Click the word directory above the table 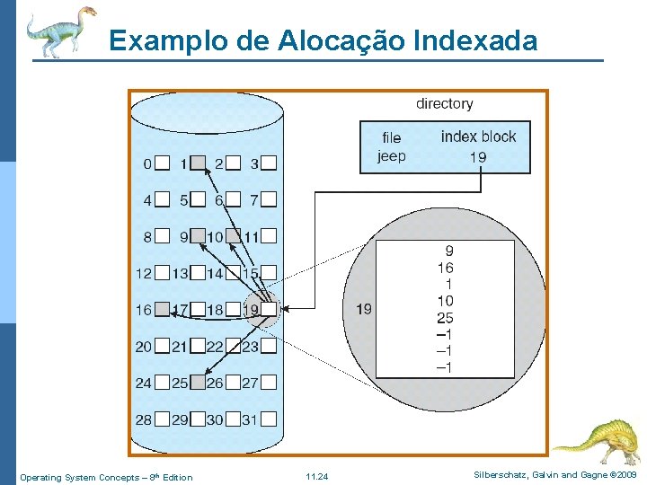[x=444, y=103]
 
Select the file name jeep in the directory [x=391, y=156]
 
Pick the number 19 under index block [x=478, y=157]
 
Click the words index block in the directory [x=478, y=137]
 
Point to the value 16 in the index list [x=445, y=268]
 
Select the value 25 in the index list [x=445, y=318]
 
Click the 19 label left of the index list [x=364, y=310]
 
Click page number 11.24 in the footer [x=316, y=477]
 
